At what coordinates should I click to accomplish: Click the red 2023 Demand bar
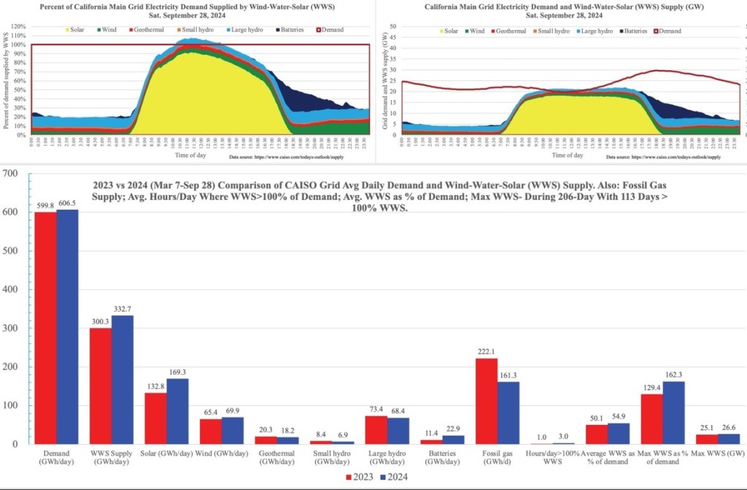[45, 328]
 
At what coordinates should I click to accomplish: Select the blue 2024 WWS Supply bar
[123, 380]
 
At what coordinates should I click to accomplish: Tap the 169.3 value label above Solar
[177, 372]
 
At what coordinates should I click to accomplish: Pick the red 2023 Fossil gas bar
[487, 401]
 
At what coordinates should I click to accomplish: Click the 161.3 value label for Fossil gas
[508, 375]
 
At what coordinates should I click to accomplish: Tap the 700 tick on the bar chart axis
[10, 173]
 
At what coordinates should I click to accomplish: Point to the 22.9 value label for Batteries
[454, 428]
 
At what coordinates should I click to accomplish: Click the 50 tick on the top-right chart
[392, 26]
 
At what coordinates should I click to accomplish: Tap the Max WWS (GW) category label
[719, 454]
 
